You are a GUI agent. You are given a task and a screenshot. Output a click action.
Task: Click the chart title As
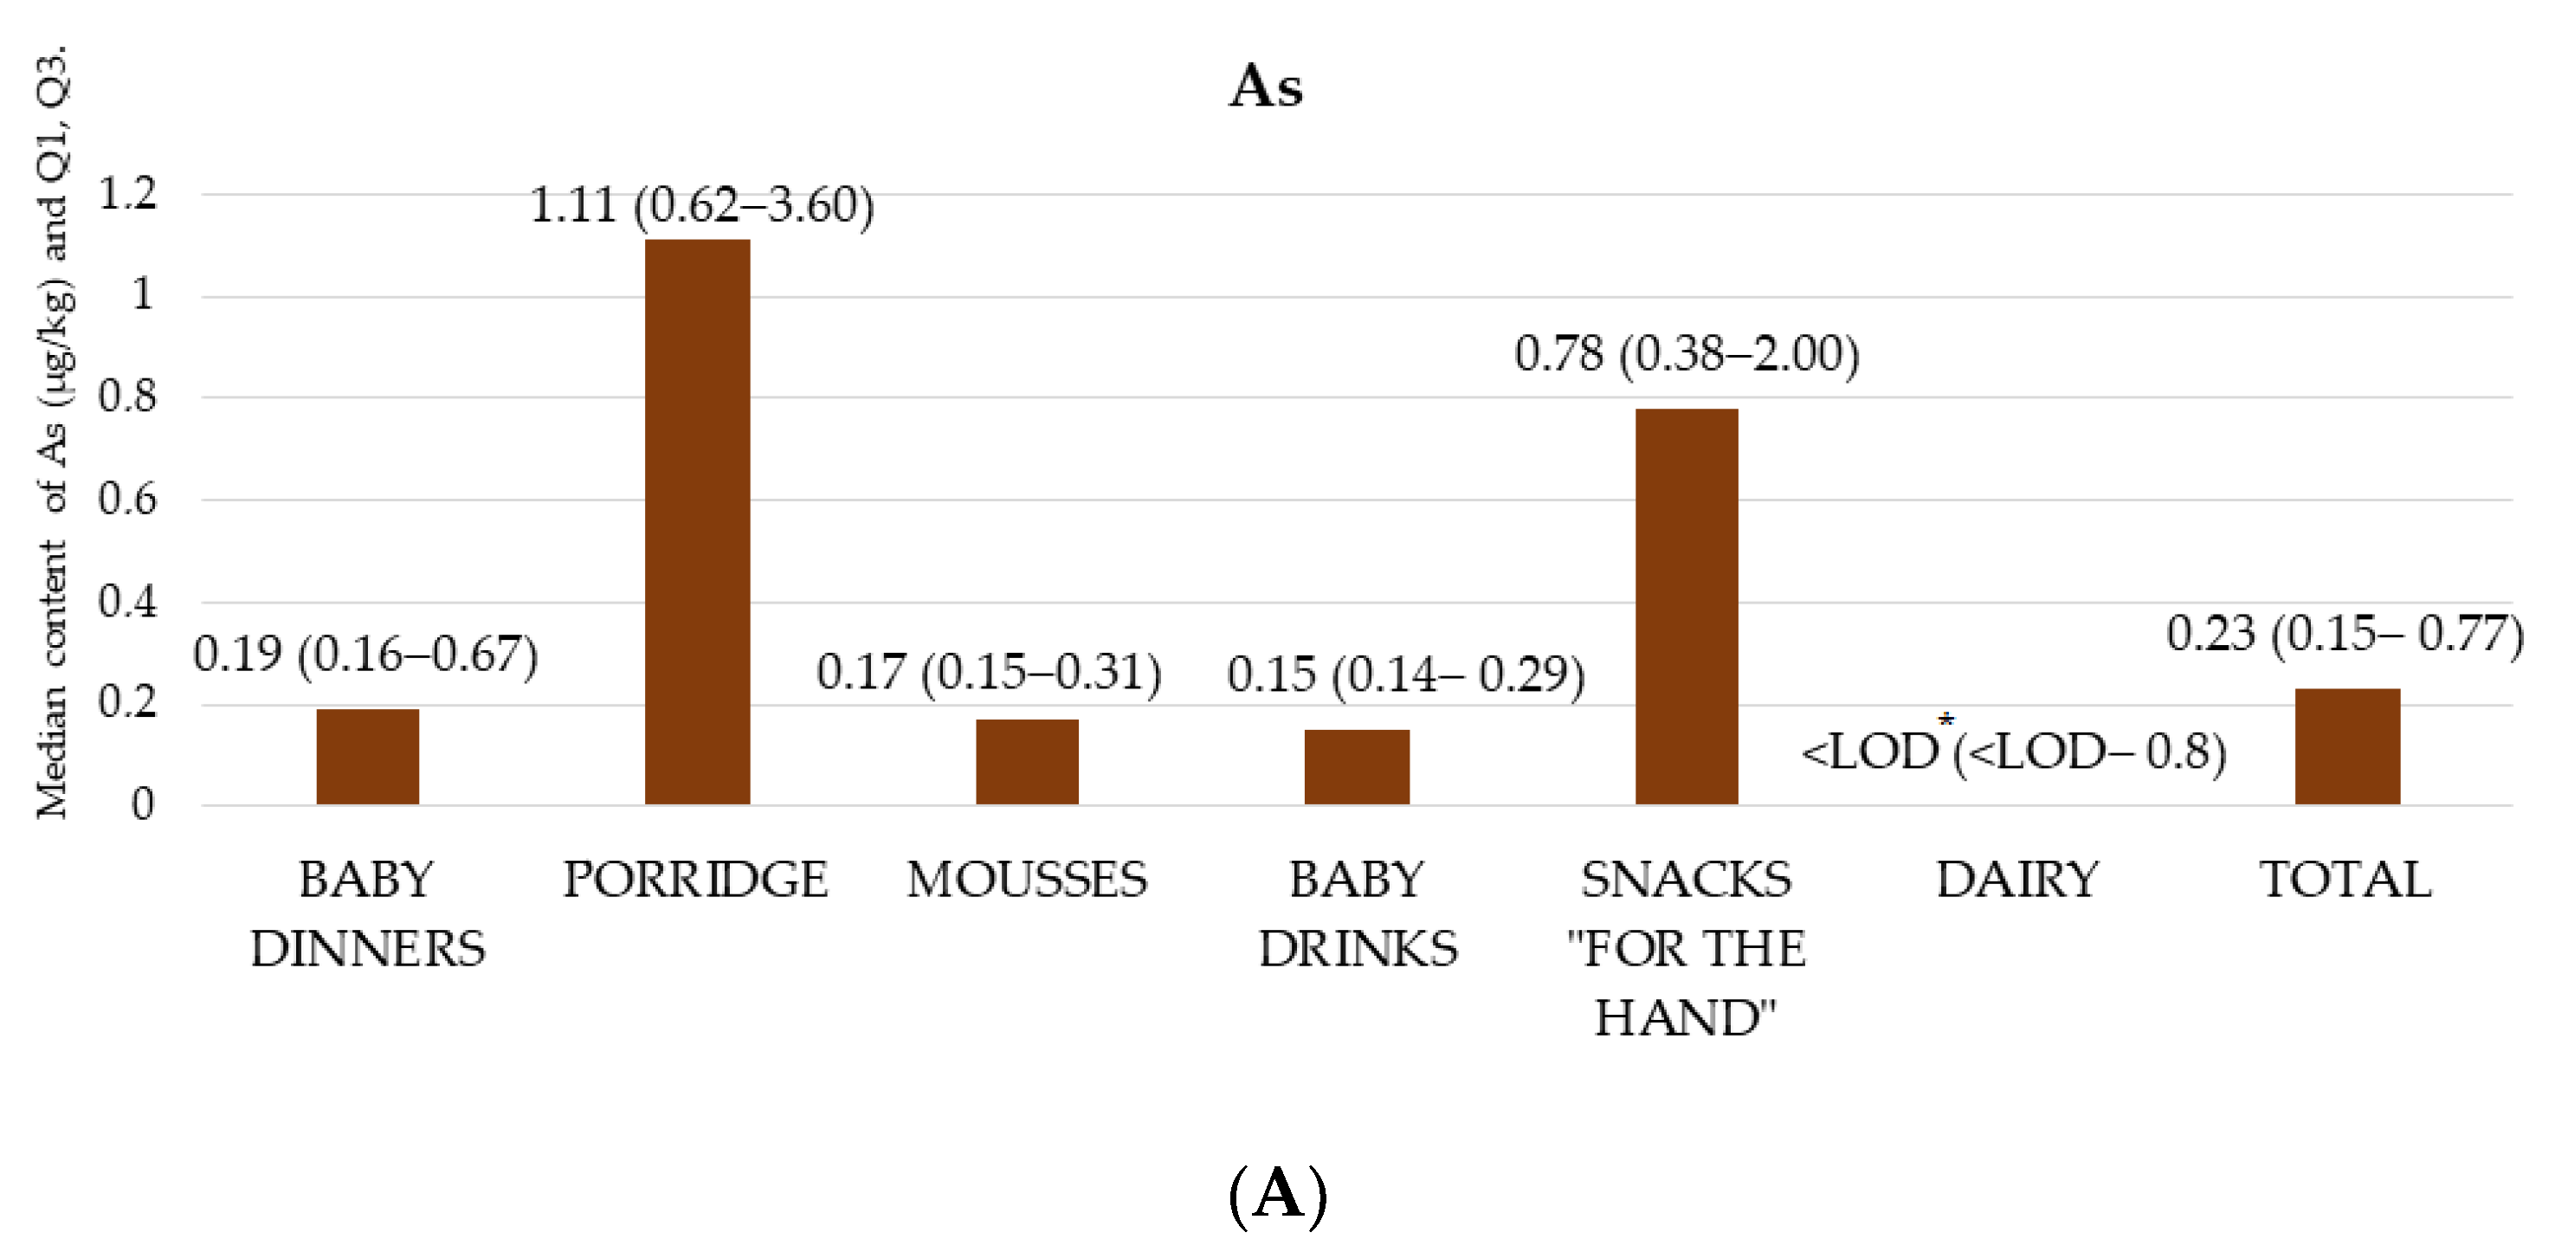tap(1266, 87)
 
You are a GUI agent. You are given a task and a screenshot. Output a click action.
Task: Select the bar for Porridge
tap(697, 522)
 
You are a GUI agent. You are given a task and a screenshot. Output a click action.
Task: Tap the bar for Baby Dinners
tap(367, 756)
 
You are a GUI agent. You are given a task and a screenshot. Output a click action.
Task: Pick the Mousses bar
tap(1027, 761)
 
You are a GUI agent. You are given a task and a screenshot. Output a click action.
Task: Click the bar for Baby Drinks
tap(1356, 766)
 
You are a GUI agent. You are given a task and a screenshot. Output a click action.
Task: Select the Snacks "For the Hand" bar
tap(1686, 605)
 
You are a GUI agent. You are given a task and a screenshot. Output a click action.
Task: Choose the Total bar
tap(2346, 746)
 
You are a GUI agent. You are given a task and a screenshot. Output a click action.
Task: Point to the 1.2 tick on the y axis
tap(127, 192)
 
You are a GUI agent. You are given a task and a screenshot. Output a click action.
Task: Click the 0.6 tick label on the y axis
tap(127, 499)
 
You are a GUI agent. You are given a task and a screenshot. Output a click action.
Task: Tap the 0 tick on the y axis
tap(142, 804)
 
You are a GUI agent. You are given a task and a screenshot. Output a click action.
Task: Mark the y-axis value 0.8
tap(127, 397)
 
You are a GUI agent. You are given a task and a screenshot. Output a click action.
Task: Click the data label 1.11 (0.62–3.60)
tap(701, 206)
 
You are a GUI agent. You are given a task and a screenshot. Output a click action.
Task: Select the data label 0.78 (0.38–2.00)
tap(1686, 354)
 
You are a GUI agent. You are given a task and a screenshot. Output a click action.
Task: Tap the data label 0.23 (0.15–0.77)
tap(2345, 634)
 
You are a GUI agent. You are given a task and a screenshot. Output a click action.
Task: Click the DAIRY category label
tap(2016, 880)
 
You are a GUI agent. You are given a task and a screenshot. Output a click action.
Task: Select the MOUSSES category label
tap(1027, 880)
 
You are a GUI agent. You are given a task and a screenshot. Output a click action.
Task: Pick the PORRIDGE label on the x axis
tap(695, 880)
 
